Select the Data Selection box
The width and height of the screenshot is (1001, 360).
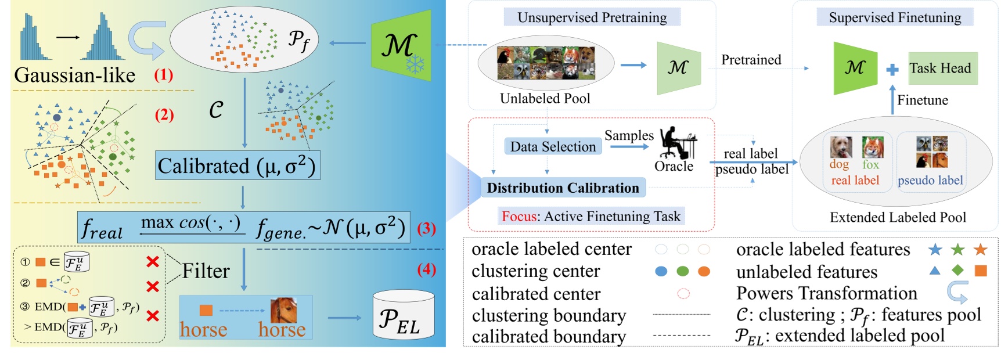pos(553,146)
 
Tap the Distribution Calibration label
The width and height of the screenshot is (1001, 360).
pos(563,188)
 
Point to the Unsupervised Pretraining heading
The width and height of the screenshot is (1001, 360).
pos(592,17)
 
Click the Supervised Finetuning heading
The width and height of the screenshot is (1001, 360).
pos(895,17)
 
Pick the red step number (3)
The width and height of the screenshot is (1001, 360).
pos(427,229)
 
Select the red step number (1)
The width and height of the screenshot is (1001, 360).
pos(163,75)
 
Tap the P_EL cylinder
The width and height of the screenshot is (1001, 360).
pos(404,316)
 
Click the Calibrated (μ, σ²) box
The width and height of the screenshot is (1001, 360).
pos(237,166)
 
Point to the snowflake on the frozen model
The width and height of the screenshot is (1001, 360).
pos(415,64)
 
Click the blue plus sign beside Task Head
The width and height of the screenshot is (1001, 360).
pos(892,70)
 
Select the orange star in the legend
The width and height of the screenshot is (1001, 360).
pos(981,250)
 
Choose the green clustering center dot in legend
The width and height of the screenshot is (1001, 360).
pos(683,271)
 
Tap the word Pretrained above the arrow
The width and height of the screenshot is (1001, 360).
pos(751,60)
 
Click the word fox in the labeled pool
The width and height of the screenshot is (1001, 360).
pos(870,165)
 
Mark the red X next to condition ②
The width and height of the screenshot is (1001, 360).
pos(153,286)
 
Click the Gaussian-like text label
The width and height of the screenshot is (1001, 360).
pos(74,75)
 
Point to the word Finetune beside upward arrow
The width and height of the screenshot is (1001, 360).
pos(922,100)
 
